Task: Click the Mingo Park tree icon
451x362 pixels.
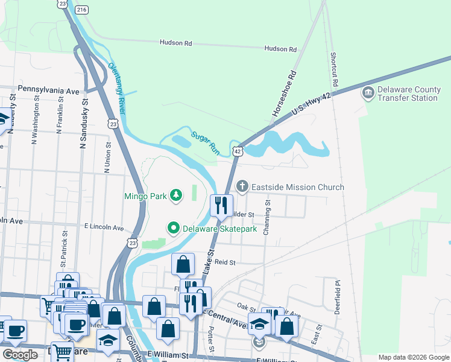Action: pos(175,195)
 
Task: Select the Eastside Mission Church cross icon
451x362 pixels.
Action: pos(242,186)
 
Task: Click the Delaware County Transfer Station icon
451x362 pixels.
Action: pos(367,93)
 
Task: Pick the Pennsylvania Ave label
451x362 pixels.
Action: pos(48,90)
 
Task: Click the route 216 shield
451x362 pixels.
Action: pos(83,10)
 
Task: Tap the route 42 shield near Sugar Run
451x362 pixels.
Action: pos(238,151)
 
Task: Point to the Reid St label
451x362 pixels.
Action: pos(224,262)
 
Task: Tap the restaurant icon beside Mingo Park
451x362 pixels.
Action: pos(221,205)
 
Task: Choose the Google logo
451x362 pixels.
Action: pos(20,355)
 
